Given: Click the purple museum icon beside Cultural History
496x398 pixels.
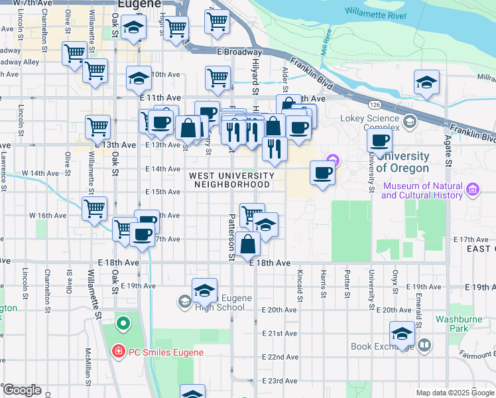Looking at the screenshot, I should coord(472,191).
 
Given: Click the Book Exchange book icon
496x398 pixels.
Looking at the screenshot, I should coord(424,346).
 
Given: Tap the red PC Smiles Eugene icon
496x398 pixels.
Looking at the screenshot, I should coord(117,352).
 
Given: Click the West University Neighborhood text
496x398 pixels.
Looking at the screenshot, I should coord(231,180).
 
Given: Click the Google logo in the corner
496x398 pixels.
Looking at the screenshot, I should coord(21,390).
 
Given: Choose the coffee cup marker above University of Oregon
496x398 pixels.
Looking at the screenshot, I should coord(380,141).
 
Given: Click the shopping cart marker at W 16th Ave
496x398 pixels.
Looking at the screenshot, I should coord(94,208).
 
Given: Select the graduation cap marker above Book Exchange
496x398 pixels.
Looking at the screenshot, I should coord(402,334).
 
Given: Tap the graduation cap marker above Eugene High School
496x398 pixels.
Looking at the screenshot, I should coord(204,291).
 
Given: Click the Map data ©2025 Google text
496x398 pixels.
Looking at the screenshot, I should coord(455,393).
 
